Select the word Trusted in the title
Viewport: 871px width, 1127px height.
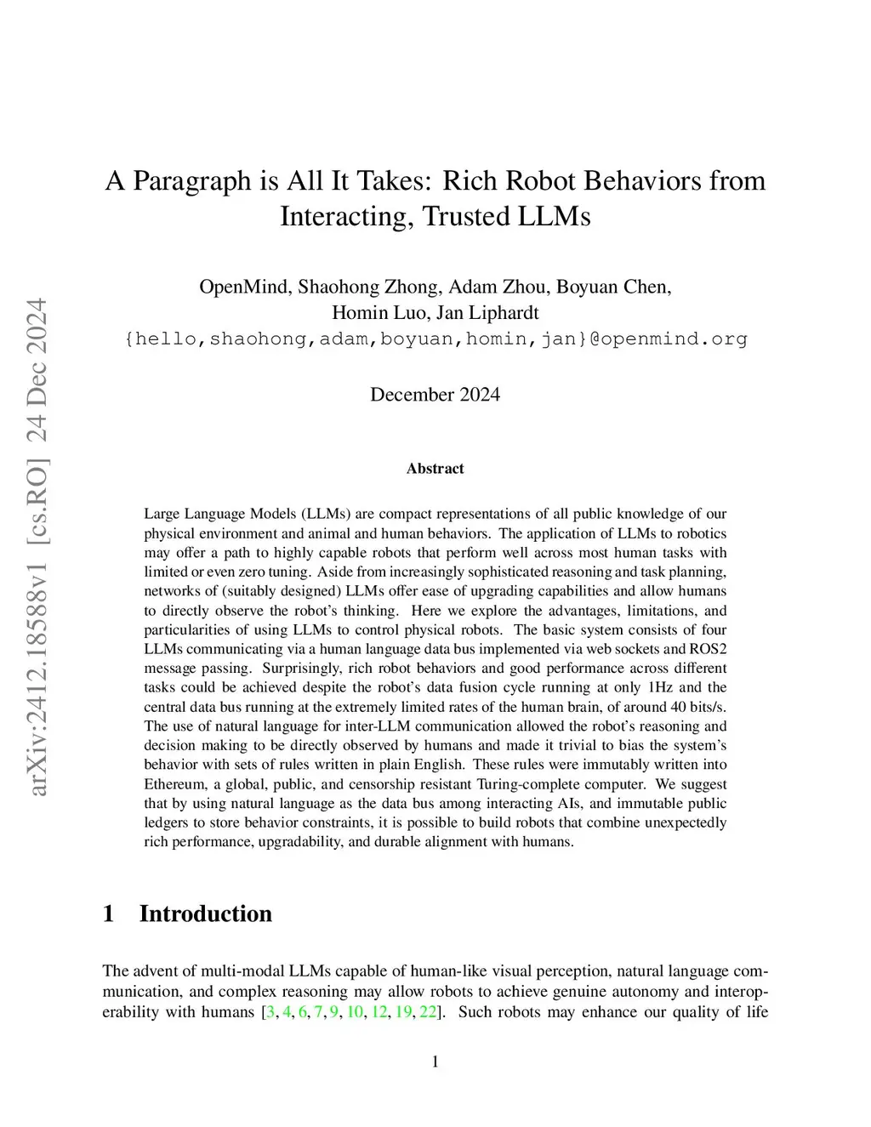pyautogui.click(x=465, y=216)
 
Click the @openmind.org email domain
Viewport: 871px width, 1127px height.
pyautogui.click(x=669, y=339)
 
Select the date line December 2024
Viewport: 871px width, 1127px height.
pyautogui.click(x=435, y=395)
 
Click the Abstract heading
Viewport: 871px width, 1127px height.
pyautogui.click(x=435, y=469)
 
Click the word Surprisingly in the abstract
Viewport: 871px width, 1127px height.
pyautogui.click(x=302, y=668)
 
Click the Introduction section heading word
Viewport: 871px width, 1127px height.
pyautogui.click(x=206, y=914)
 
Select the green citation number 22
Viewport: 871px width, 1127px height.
pyautogui.click(x=428, y=1012)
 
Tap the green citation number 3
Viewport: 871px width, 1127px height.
pyautogui.click(x=270, y=1012)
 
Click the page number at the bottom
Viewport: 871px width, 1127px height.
pyautogui.click(x=435, y=1062)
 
